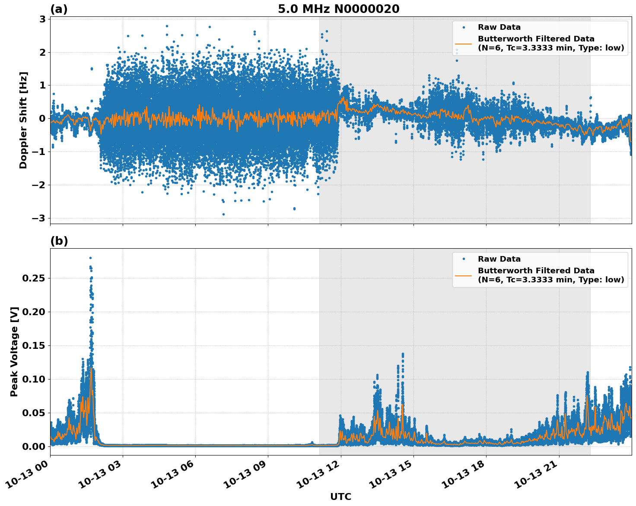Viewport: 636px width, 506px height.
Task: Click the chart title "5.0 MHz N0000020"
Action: click(x=338, y=9)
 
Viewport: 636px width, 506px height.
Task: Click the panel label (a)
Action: click(x=59, y=9)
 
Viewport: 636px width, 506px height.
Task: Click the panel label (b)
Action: click(x=59, y=241)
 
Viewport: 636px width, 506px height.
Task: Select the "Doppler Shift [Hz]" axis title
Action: click(x=23, y=120)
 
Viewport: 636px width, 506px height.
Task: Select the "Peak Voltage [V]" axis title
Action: click(x=14, y=352)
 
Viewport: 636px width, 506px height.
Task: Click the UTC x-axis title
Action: click(x=340, y=497)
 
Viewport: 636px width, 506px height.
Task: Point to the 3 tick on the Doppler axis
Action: click(x=42, y=19)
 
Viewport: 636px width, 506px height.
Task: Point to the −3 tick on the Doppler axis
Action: click(x=39, y=218)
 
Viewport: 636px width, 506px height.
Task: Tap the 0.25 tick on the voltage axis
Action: click(x=34, y=278)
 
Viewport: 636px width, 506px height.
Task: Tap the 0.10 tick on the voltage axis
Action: click(x=34, y=379)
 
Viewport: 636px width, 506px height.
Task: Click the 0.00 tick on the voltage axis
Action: click(x=34, y=446)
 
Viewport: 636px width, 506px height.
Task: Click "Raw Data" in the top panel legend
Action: click(x=499, y=27)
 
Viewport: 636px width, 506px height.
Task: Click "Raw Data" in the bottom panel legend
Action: click(x=499, y=259)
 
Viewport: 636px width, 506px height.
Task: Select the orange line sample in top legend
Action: click(x=463, y=44)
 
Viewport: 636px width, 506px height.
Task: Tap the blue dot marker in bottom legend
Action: click(x=463, y=259)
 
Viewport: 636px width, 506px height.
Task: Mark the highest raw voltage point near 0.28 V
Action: click(x=90, y=258)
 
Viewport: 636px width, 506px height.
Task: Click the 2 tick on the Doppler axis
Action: click(x=42, y=52)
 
